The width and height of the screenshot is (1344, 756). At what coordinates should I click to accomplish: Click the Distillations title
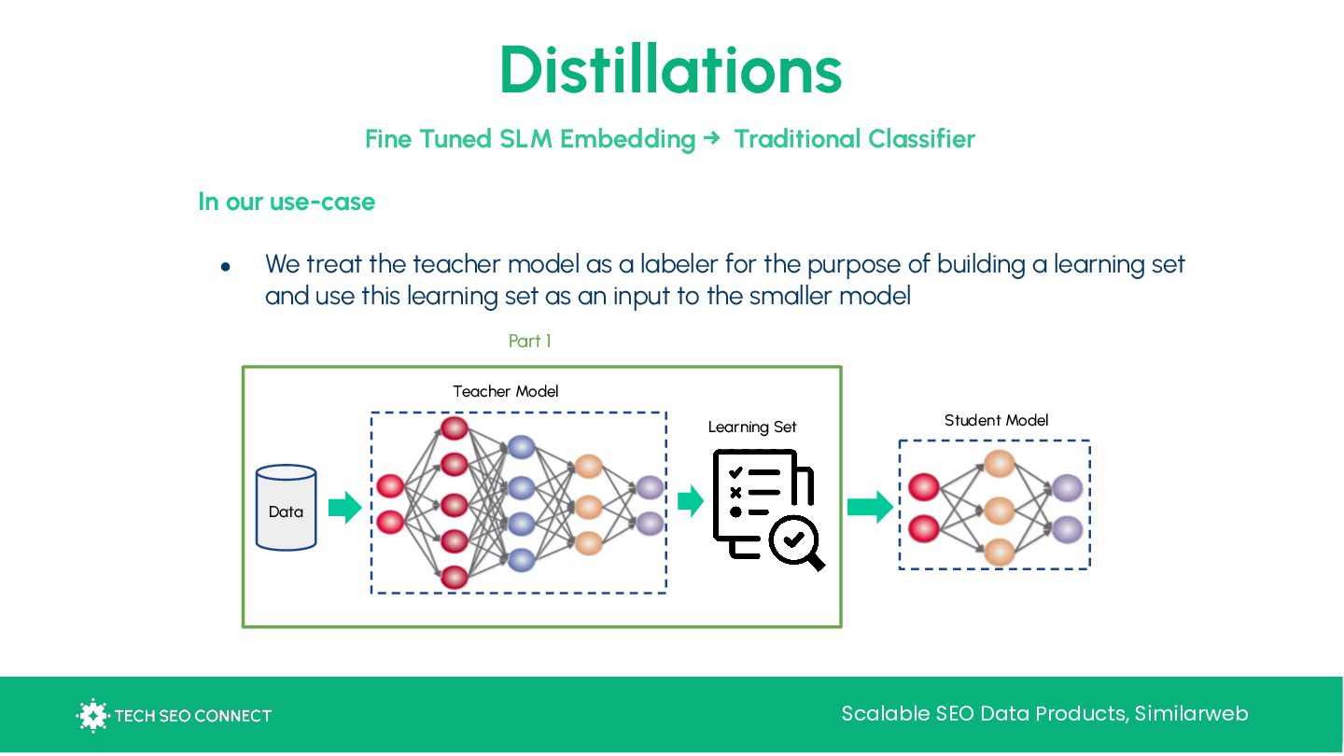click(x=670, y=70)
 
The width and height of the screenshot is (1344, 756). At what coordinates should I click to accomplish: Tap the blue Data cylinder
click(x=286, y=508)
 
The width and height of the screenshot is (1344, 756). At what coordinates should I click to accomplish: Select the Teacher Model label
click(x=506, y=391)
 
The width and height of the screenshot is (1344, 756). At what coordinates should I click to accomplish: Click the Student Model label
click(x=996, y=420)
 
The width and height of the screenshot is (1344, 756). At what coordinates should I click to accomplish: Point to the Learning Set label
click(x=752, y=427)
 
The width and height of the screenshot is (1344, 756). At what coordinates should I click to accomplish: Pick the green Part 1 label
click(x=529, y=342)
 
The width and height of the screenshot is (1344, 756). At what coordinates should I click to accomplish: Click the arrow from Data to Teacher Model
click(x=344, y=508)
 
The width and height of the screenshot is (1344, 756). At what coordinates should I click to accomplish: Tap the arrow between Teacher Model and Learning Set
click(x=691, y=501)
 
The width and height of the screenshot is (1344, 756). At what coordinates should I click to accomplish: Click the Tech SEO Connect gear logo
click(x=92, y=716)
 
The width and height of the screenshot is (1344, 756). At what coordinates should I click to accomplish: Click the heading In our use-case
click(x=287, y=202)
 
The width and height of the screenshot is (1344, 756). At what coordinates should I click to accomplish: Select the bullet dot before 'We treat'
click(x=225, y=267)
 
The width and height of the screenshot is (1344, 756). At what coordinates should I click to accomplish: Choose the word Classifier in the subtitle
click(x=921, y=139)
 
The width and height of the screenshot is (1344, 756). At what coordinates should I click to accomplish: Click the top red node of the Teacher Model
click(x=455, y=428)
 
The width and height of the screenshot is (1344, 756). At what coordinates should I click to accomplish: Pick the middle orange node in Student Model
click(x=999, y=511)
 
